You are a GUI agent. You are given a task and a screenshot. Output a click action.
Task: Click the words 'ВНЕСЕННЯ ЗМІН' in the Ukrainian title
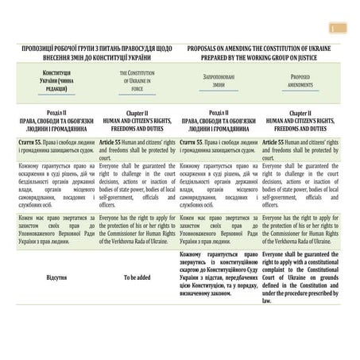60,58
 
